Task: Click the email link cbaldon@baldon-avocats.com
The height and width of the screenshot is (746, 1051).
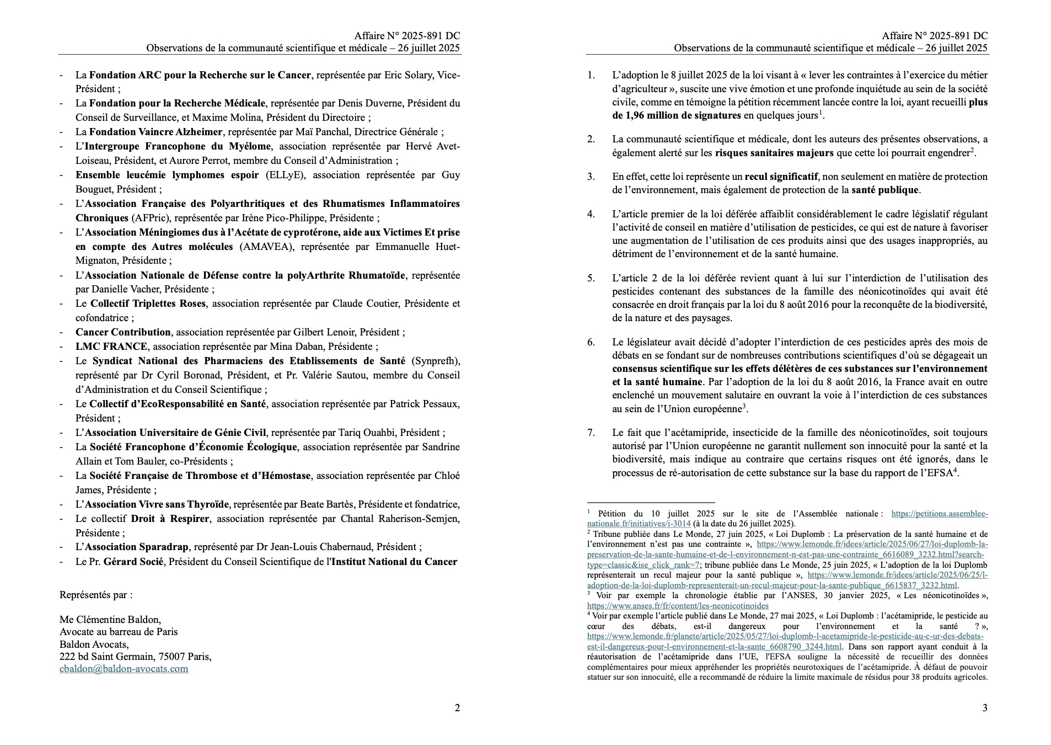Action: point(124,669)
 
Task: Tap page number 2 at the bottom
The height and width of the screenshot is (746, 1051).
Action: point(457,708)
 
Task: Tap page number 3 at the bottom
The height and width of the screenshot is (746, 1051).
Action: point(985,708)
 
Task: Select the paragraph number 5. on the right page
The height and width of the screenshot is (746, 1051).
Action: point(591,278)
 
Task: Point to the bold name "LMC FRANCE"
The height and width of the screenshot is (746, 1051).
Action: point(111,347)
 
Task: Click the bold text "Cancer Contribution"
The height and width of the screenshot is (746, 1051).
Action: point(123,332)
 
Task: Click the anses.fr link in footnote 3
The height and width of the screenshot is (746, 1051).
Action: point(678,606)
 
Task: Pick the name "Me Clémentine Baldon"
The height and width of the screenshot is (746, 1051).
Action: point(110,620)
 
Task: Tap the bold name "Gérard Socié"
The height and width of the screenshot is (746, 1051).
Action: point(135,562)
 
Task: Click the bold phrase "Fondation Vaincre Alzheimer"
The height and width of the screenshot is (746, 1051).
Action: point(155,132)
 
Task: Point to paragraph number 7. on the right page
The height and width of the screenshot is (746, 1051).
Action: point(591,433)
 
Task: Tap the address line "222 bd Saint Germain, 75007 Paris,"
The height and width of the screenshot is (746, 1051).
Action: point(135,657)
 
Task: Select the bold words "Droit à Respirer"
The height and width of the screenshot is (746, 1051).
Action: point(170,519)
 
